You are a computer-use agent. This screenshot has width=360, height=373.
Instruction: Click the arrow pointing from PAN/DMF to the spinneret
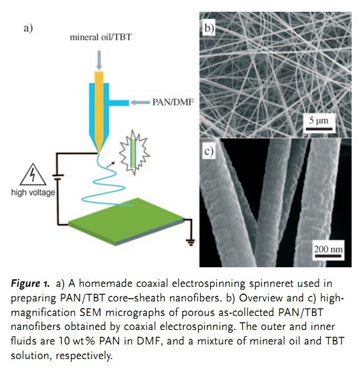[139, 102]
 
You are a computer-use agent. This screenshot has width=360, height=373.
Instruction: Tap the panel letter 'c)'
[209, 152]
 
